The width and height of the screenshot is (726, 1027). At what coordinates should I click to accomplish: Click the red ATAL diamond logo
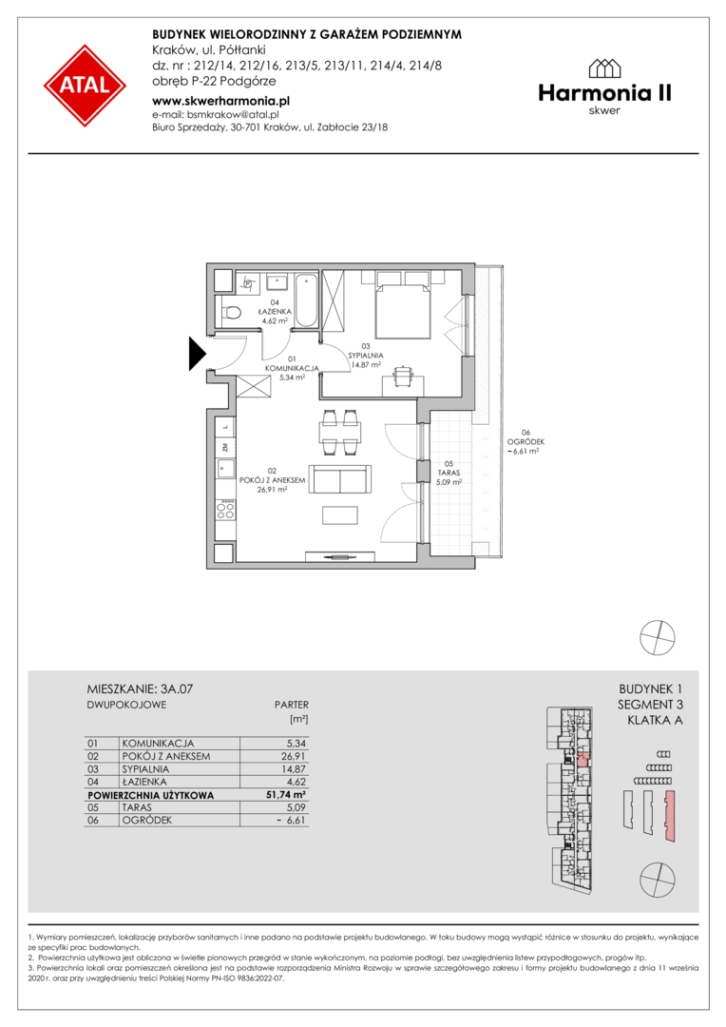point(85,86)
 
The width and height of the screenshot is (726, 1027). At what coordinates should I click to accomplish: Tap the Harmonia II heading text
point(604,93)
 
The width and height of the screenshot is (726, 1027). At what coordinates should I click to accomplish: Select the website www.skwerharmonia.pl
point(220,101)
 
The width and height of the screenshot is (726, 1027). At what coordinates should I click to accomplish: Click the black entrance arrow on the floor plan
point(198,354)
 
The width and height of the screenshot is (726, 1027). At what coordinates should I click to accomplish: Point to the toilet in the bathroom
point(230,313)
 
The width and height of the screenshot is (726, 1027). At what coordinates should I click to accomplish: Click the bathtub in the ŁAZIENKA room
point(306,300)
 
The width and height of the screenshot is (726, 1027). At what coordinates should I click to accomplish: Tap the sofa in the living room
point(340,479)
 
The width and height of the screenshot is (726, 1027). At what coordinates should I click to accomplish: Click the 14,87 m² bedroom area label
point(366,365)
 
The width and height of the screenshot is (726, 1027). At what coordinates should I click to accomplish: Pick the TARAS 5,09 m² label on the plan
point(449,473)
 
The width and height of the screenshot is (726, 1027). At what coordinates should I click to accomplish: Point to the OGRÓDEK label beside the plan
point(525,441)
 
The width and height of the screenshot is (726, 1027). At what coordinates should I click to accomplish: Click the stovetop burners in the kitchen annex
point(226,510)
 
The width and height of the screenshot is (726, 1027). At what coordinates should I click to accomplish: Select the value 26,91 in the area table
point(294,757)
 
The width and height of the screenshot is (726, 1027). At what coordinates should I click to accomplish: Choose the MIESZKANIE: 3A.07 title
point(140,689)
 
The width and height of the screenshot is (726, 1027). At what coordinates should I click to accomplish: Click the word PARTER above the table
point(292,705)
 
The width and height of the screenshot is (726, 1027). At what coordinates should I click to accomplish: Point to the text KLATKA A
point(655,721)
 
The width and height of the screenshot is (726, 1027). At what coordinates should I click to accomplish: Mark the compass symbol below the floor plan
point(658,636)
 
